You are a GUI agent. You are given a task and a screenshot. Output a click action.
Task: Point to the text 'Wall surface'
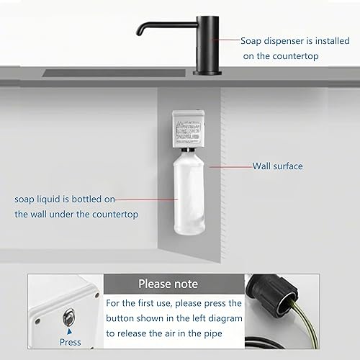click(277, 166)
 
